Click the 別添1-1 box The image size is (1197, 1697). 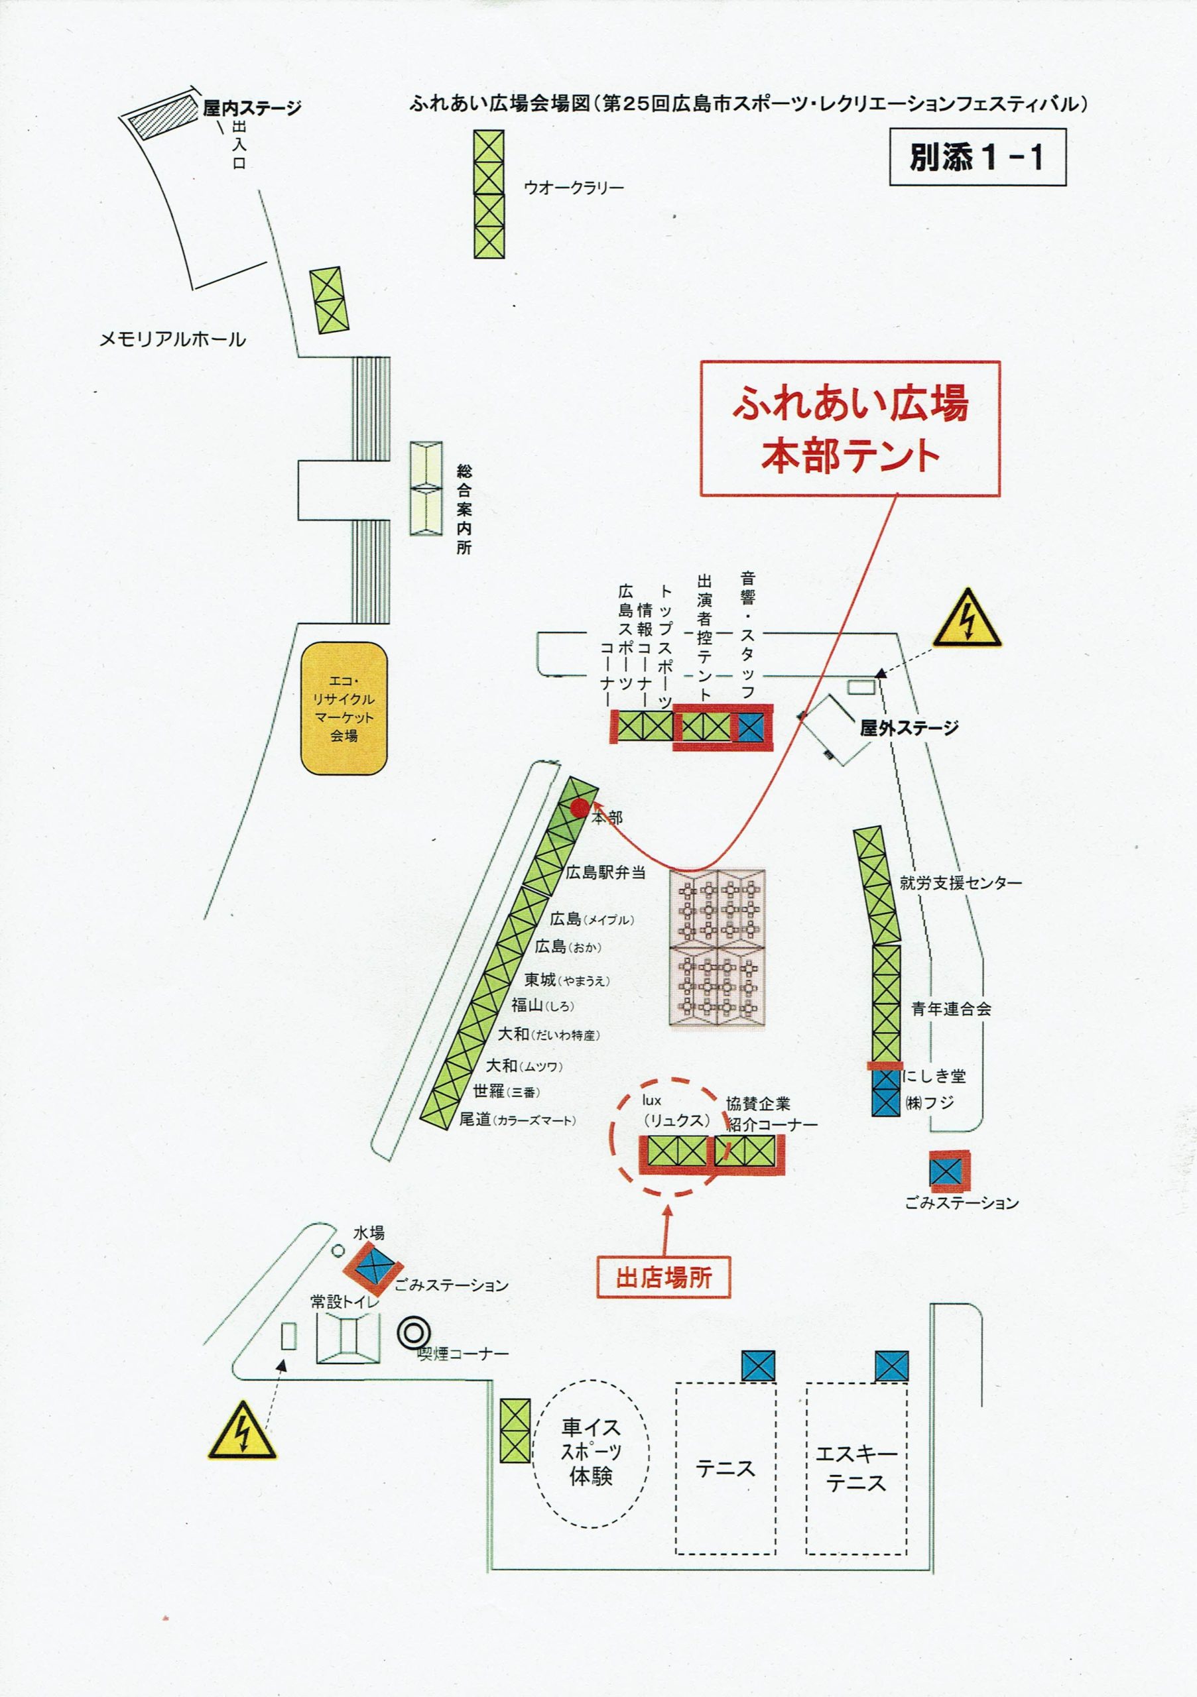coord(977,156)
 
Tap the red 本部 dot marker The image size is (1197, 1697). coord(580,809)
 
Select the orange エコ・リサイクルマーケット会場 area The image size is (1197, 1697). coord(344,708)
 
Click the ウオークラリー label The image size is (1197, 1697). coord(574,188)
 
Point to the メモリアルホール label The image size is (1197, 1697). coord(172,340)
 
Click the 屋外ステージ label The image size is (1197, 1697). coord(909,728)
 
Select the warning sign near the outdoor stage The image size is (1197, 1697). coord(966,620)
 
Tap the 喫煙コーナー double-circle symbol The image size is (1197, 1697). coord(413,1333)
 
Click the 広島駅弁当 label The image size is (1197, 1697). coord(605,872)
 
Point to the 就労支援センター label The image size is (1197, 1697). coord(960,882)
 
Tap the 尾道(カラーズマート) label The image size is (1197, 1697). coord(517,1120)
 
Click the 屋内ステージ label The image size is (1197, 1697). coord(252,109)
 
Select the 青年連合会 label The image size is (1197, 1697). coord(951,1008)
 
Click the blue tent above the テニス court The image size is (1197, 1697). coord(758,1365)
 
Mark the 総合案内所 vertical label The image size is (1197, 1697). coord(464,509)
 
